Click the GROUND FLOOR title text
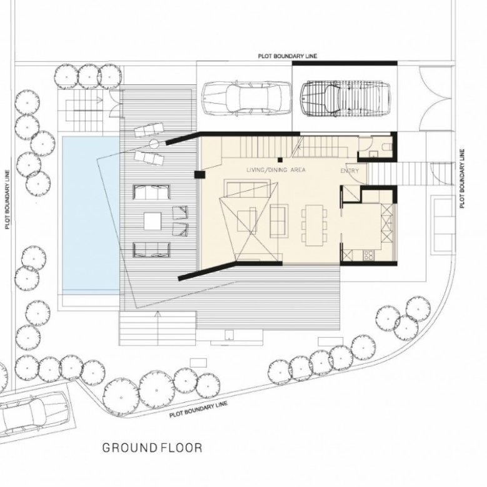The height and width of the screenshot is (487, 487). pos(152,448)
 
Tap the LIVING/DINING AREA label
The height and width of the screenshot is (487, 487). pos(276,170)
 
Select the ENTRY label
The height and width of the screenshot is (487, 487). pos(350,171)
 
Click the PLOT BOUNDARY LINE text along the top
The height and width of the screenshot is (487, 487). pos(288,56)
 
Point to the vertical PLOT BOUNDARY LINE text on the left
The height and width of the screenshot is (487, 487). pos(7,199)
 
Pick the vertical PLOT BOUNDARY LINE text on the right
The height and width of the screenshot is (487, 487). pos(463,179)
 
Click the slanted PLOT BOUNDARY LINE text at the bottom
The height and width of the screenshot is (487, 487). pos(199,409)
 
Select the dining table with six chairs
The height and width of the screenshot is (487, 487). pos(314,225)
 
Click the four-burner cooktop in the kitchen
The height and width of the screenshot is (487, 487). pos(368,255)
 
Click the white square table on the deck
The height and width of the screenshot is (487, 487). pos(152,221)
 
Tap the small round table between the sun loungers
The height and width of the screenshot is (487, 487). pos(154,144)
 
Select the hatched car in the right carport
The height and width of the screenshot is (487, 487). pos(345,99)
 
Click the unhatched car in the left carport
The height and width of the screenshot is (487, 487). pos(246,99)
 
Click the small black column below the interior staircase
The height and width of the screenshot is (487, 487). pos(280,160)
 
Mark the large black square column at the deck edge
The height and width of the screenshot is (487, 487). pos(200,175)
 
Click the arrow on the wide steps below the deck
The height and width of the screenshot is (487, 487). pos(158,328)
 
